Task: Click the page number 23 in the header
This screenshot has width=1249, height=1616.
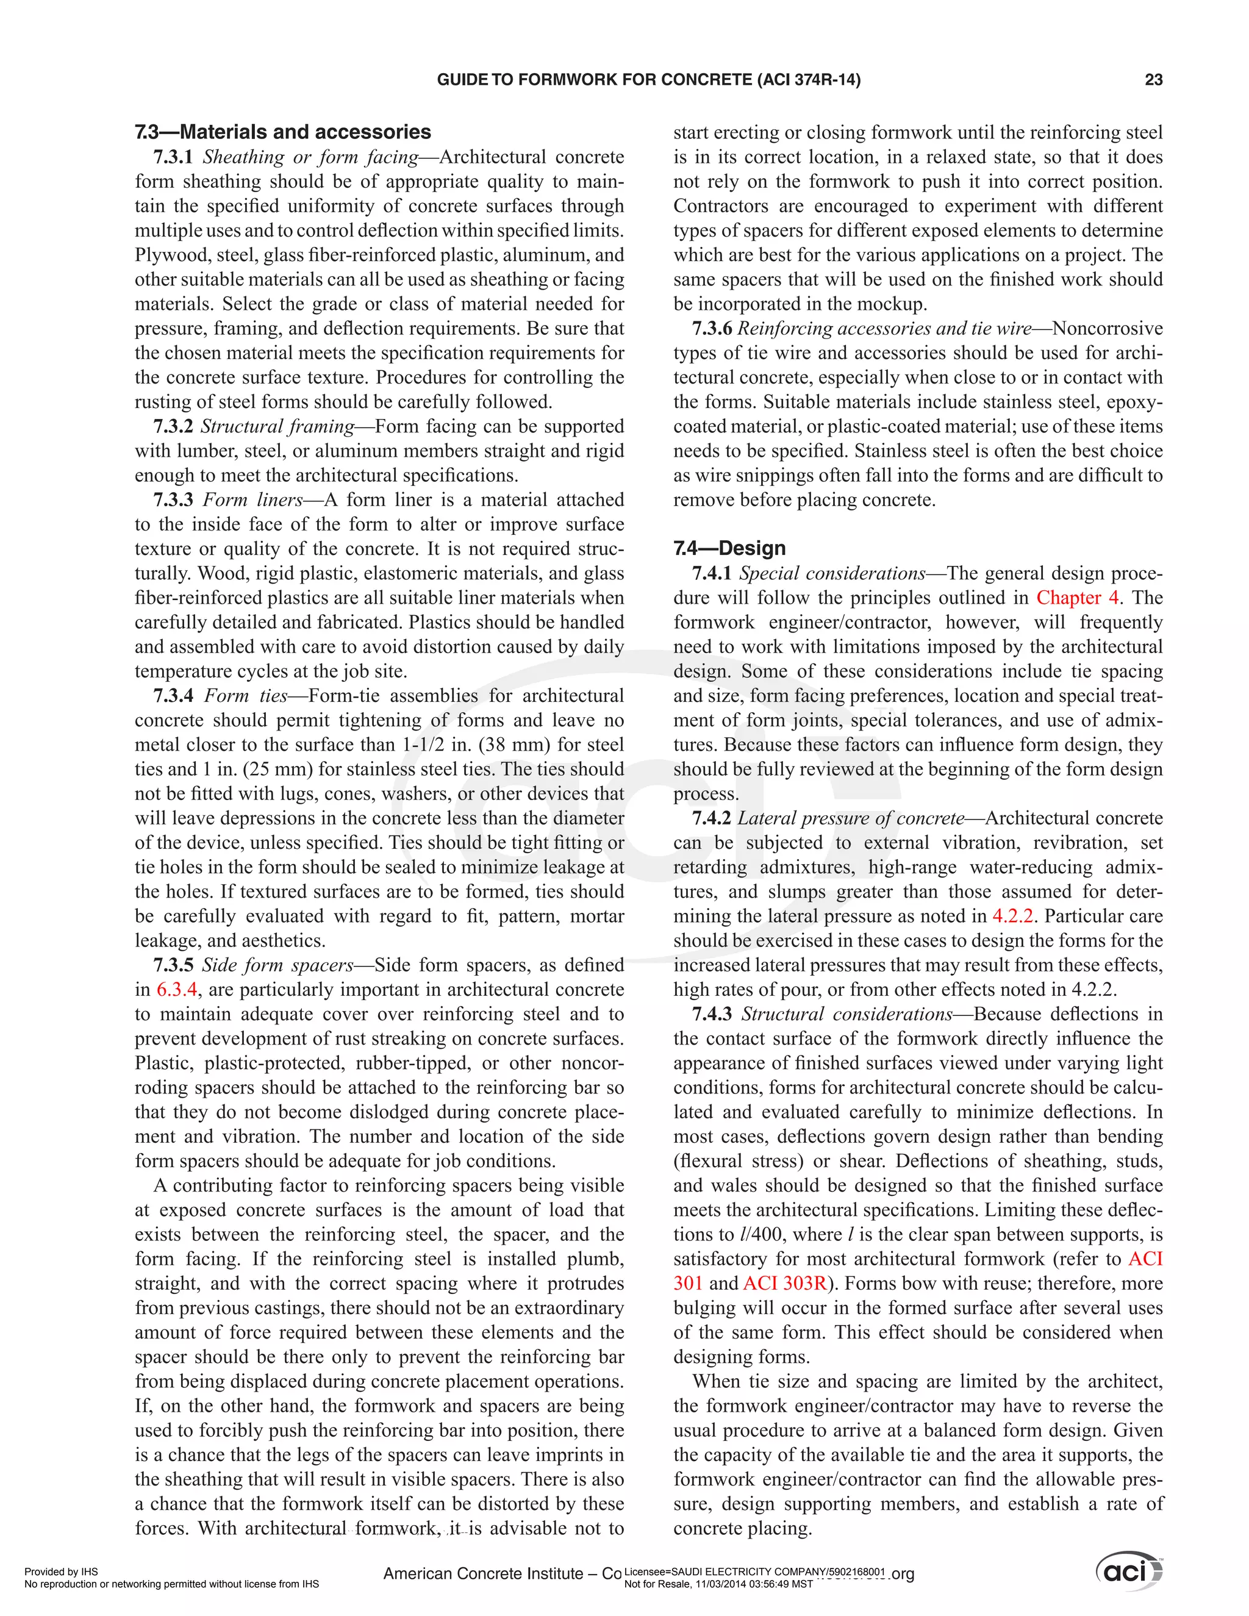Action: (x=1153, y=80)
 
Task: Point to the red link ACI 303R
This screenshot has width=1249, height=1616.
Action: (x=784, y=1284)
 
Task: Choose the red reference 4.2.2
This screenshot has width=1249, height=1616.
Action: (x=1012, y=916)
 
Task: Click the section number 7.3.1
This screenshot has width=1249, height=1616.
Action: (x=173, y=157)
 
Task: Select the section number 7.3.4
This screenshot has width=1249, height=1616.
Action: (x=173, y=696)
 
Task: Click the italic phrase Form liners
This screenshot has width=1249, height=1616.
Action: (x=253, y=500)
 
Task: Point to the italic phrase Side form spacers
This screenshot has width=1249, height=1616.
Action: (x=277, y=965)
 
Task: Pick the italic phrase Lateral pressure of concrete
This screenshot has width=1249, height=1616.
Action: (x=851, y=818)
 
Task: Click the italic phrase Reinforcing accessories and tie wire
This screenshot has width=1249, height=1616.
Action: (x=884, y=329)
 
